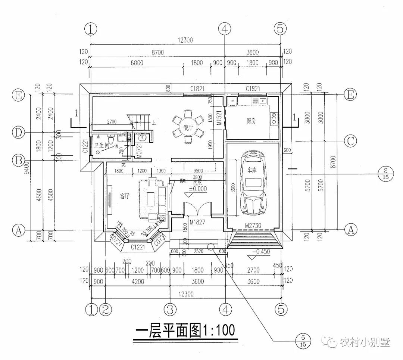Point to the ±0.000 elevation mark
point(198,189)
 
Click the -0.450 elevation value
point(261,252)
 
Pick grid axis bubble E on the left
point(18,96)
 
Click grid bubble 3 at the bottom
point(170,309)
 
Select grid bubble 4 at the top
point(225,28)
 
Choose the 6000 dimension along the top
point(137,63)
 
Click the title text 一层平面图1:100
point(185,330)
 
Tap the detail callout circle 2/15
point(386,174)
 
